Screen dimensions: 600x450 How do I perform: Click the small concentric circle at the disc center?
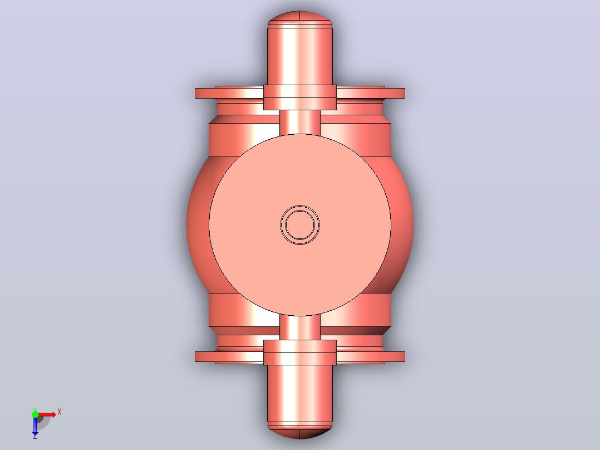tap(300, 225)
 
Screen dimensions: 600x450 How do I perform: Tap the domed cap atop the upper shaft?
tap(300, 18)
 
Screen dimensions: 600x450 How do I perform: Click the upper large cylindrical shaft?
tap(300, 56)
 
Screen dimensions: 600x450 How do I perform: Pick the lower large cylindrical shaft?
tap(300, 394)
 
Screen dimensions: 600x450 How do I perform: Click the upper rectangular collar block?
tap(300, 97)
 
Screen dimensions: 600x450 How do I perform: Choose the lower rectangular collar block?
tap(300, 353)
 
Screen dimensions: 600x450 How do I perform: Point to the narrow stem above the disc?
tap(300, 122)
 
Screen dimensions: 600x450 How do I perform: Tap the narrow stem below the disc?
tap(300, 327)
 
